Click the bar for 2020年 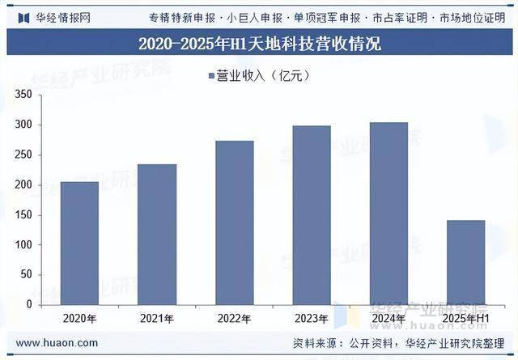(x=79, y=244)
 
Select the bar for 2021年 (x=157, y=235)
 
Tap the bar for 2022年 (x=235, y=222)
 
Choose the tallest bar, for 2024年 (x=388, y=214)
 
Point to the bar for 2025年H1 (x=466, y=262)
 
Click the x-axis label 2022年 (x=235, y=319)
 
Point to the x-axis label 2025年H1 (x=466, y=319)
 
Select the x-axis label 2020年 (x=79, y=319)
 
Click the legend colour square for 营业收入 (x=211, y=76)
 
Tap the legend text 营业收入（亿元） (x=263, y=76)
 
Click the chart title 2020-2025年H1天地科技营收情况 (x=259, y=43)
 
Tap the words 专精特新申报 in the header (x=183, y=16)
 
